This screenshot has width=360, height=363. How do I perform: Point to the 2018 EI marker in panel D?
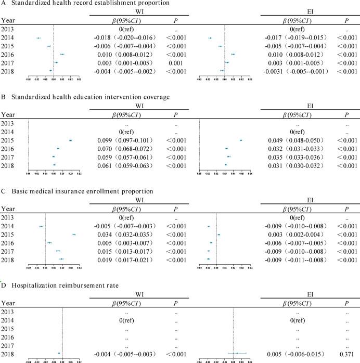coord(237,354)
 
